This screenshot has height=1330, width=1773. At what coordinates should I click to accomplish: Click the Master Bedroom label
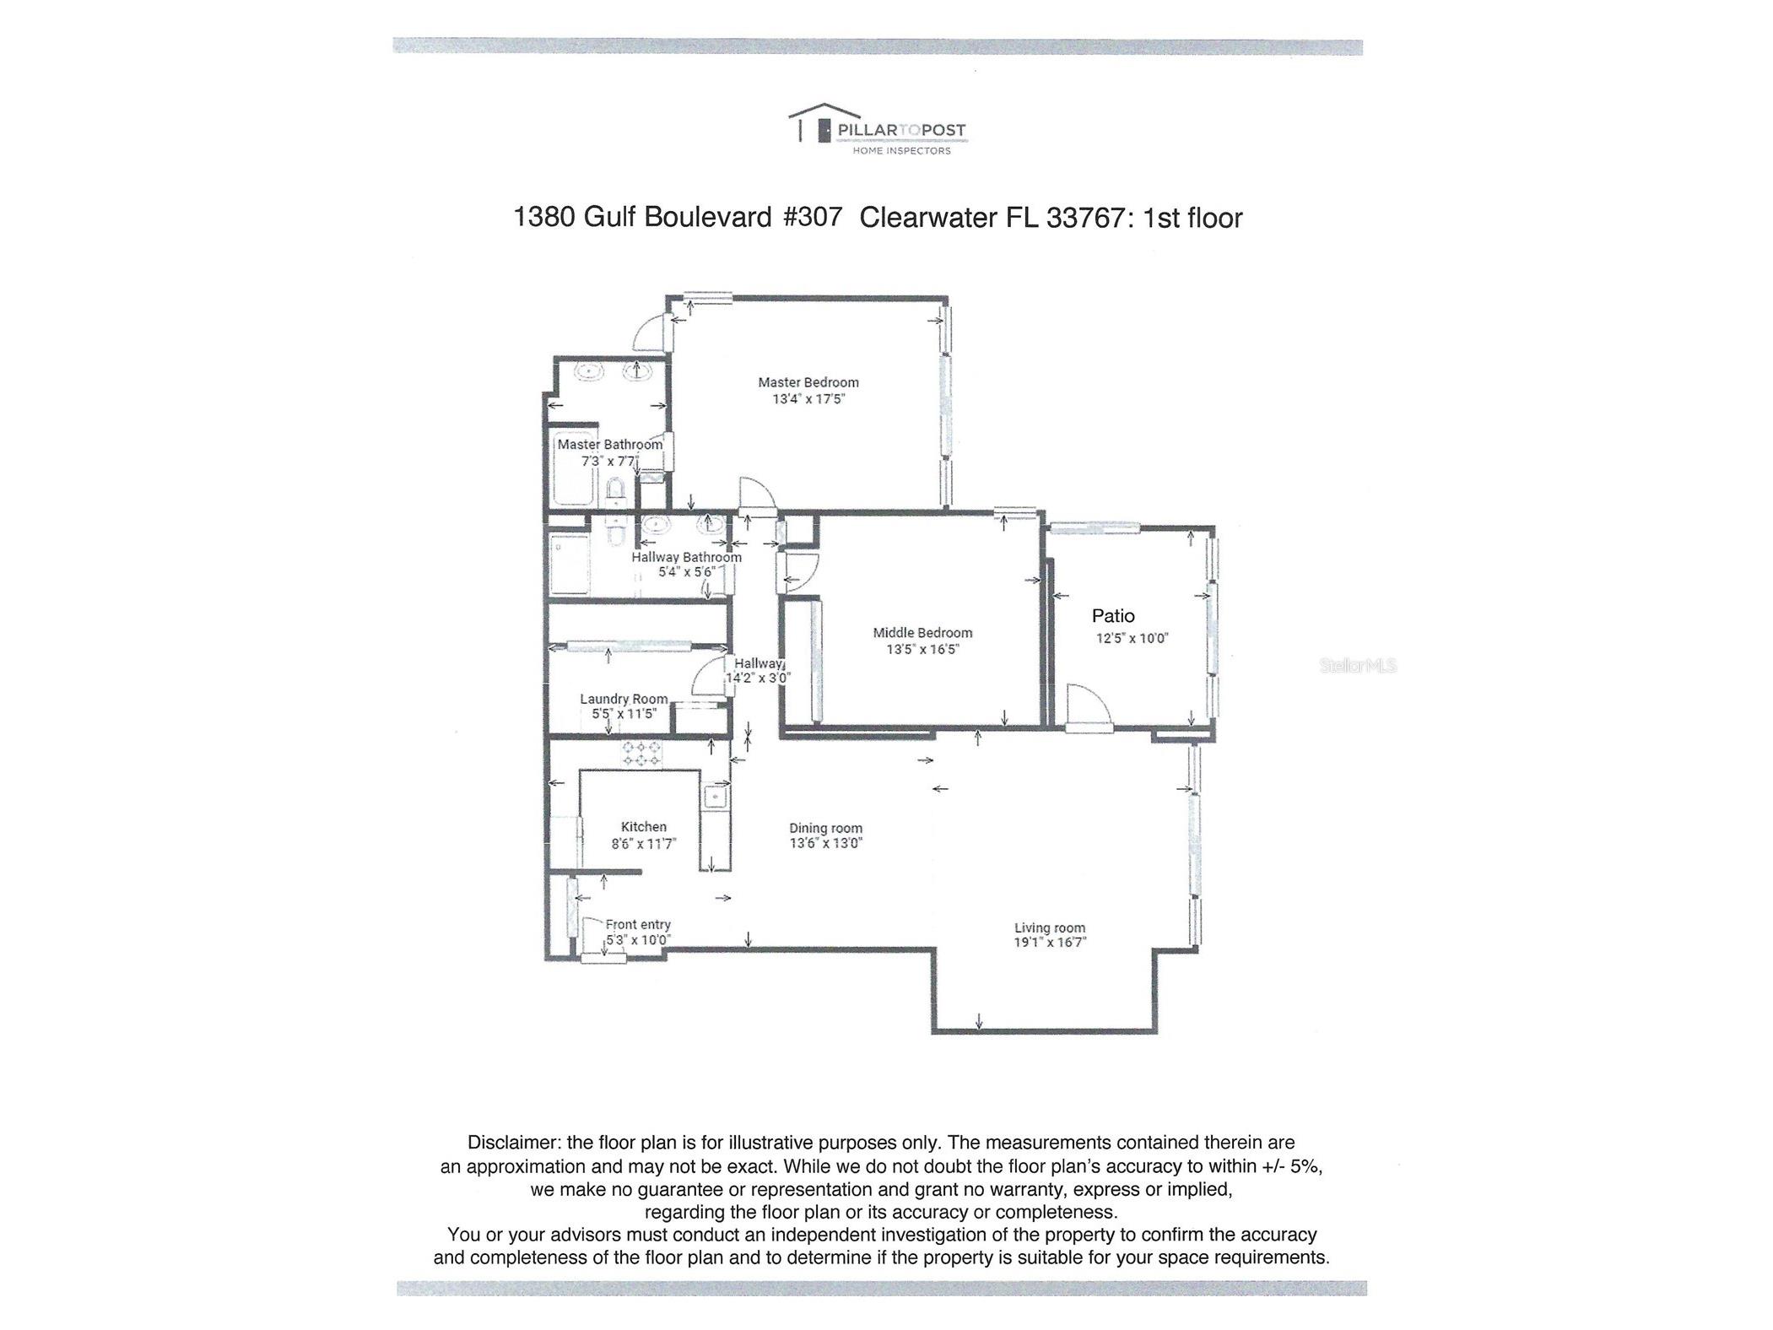click(808, 382)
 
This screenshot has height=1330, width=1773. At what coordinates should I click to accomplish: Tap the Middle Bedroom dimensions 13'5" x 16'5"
click(922, 649)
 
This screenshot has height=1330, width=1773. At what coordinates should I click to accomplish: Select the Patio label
click(1112, 616)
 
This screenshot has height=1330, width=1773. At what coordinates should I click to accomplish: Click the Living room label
click(1049, 927)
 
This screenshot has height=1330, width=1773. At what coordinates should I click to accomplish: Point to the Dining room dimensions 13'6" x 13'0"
click(825, 843)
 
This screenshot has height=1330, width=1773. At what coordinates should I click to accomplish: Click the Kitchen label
click(643, 827)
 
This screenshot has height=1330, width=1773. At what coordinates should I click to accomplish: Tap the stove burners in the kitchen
click(642, 754)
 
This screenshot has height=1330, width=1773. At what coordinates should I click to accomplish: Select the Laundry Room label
click(624, 699)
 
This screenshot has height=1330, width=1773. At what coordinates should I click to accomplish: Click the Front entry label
click(638, 925)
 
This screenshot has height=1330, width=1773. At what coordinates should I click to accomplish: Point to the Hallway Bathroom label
click(686, 557)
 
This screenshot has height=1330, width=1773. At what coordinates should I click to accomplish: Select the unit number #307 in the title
click(812, 218)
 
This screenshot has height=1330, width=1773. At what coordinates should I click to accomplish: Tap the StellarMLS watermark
click(1357, 666)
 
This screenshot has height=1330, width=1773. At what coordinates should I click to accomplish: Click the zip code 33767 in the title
click(1085, 218)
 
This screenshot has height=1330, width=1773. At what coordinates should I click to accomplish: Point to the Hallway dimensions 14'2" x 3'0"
click(758, 678)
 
